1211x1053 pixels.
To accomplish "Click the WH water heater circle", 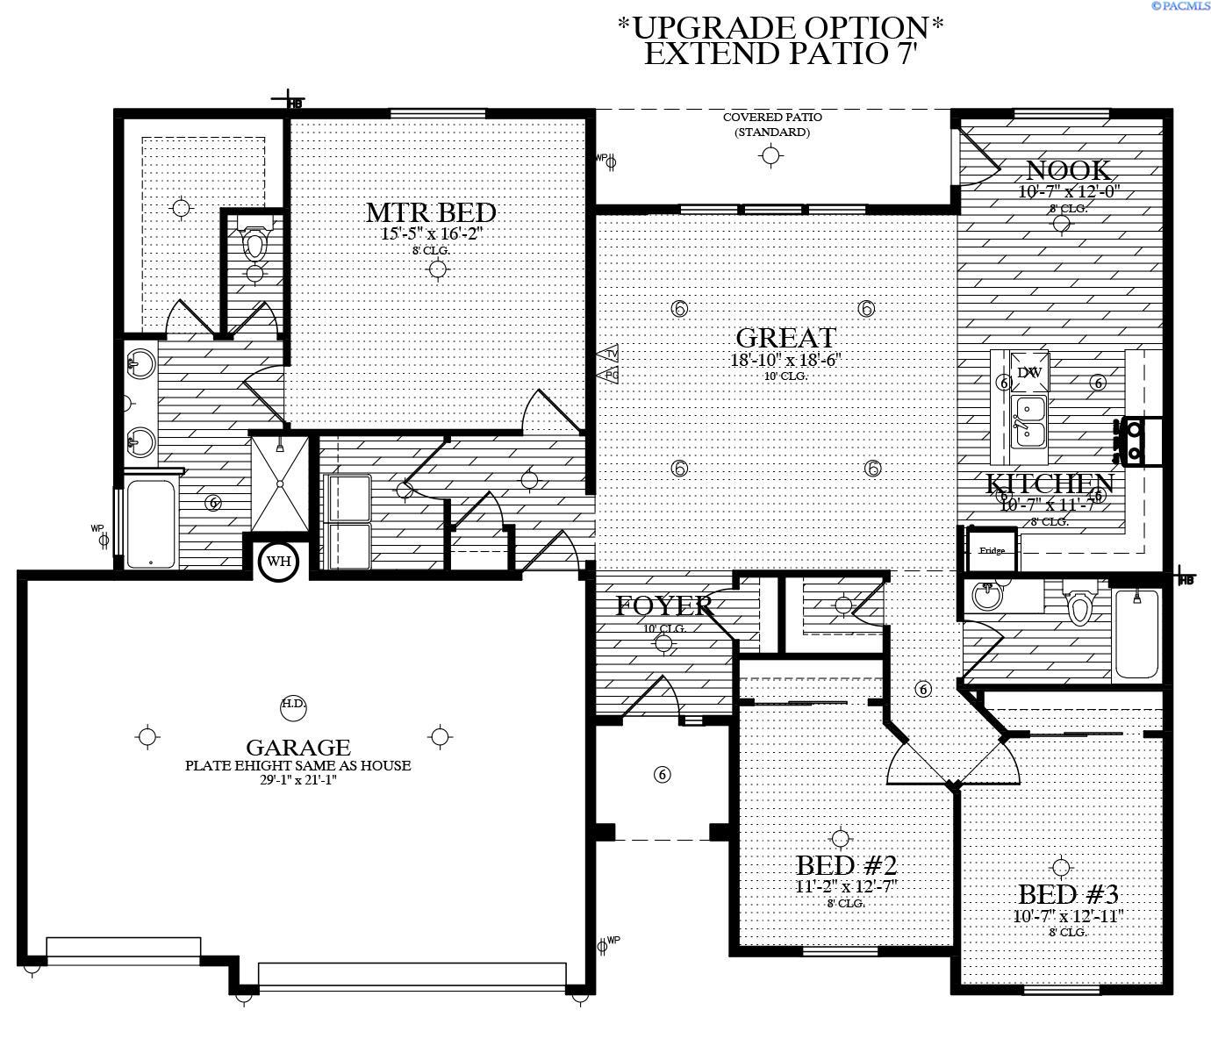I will [x=278, y=562].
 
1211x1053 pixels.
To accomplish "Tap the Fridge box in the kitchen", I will [x=992, y=550].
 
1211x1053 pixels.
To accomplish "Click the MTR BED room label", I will [x=431, y=213].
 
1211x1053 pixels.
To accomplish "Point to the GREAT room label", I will [x=785, y=338].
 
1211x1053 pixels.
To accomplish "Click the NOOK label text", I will [x=1068, y=170].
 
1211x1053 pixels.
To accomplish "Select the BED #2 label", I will [x=846, y=865].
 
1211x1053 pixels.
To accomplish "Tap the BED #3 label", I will [x=1068, y=895].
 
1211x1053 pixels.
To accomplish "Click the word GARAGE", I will [x=298, y=748].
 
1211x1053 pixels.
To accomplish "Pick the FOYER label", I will [x=663, y=605].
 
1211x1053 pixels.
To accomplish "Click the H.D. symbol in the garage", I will [x=293, y=704].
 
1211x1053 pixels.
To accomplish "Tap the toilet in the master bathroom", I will [x=254, y=243].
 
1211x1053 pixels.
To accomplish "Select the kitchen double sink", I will [x=1028, y=423].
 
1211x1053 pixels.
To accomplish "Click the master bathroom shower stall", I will [x=280, y=483].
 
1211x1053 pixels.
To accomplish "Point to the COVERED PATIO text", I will [x=772, y=118].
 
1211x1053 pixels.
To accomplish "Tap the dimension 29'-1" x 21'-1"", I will [x=297, y=779].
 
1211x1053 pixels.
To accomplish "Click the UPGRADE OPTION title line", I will [x=781, y=26].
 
